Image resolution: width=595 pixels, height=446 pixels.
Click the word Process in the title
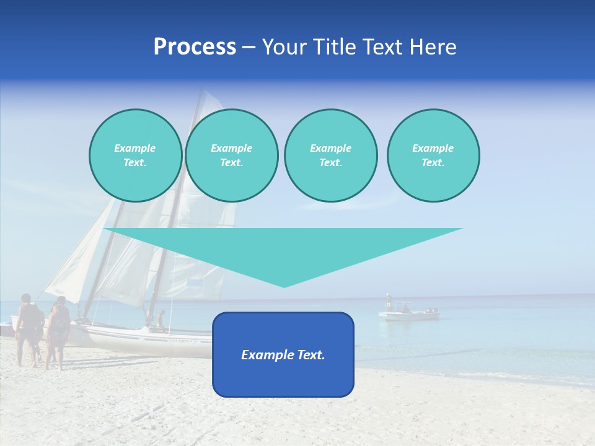point(195,47)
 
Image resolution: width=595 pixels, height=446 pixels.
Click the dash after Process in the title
point(249,48)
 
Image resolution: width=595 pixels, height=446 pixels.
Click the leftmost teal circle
point(135,155)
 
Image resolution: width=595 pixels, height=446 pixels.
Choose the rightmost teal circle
point(433,155)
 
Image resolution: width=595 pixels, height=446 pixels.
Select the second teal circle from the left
point(231,155)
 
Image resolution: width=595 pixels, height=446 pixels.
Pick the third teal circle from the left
point(330,155)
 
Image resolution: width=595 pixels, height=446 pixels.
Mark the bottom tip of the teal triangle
point(284,286)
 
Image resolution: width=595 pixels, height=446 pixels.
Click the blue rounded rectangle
point(283,378)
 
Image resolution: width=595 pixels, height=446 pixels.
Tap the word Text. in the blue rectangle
point(310,355)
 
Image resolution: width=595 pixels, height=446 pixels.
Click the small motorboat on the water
point(409,314)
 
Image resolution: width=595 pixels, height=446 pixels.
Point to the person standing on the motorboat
point(389,301)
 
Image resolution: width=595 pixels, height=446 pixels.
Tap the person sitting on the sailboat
point(161,320)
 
